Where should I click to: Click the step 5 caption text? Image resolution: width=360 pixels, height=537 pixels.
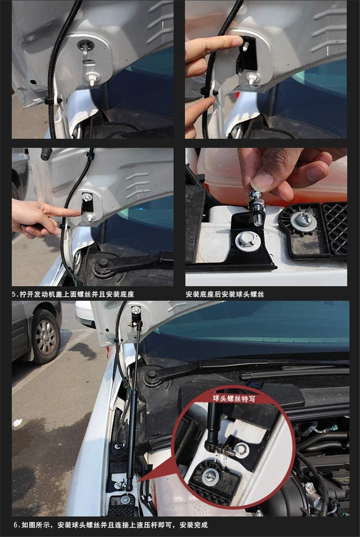pyautogui.click(x=73, y=294)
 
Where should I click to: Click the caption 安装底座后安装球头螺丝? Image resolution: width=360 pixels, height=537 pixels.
pyautogui.click(x=225, y=294)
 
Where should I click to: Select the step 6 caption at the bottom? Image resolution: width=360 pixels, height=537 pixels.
pyautogui.click(x=111, y=525)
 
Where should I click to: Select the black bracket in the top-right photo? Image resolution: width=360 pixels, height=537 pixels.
pyautogui.click(x=247, y=54)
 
